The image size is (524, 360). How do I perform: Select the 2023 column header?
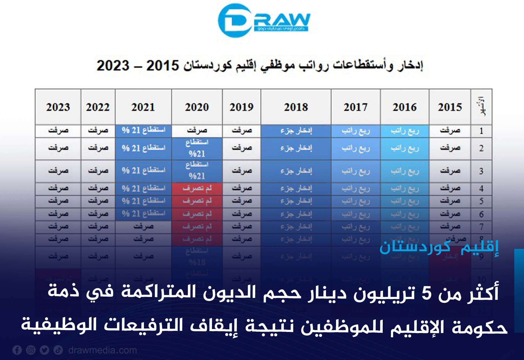coord(58,107)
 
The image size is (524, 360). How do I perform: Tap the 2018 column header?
coord(296,107)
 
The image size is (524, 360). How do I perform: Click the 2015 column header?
coord(450,107)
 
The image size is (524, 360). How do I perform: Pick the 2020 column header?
coord(197,107)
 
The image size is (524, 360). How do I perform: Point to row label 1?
coord(481,131)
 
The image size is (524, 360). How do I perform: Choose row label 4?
coord(481,188)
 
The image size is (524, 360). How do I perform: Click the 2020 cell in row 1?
coord(197,131)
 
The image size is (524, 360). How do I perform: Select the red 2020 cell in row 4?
coord(197,188)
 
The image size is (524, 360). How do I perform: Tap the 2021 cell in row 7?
coord(143,227)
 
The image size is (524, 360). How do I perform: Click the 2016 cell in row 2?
coord(405,148)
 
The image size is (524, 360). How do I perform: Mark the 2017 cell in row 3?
coord(356,171)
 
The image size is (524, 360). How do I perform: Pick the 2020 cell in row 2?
coord(197,148)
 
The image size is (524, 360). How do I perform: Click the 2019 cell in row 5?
coord(241,201)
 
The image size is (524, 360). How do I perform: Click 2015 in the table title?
coord(163,66)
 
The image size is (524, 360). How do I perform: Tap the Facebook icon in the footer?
coord(17,350)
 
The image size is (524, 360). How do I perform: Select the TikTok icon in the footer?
coord(58,350)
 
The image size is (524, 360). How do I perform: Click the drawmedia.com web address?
coord(103,350)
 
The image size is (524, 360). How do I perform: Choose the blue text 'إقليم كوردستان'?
coord(439,247)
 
